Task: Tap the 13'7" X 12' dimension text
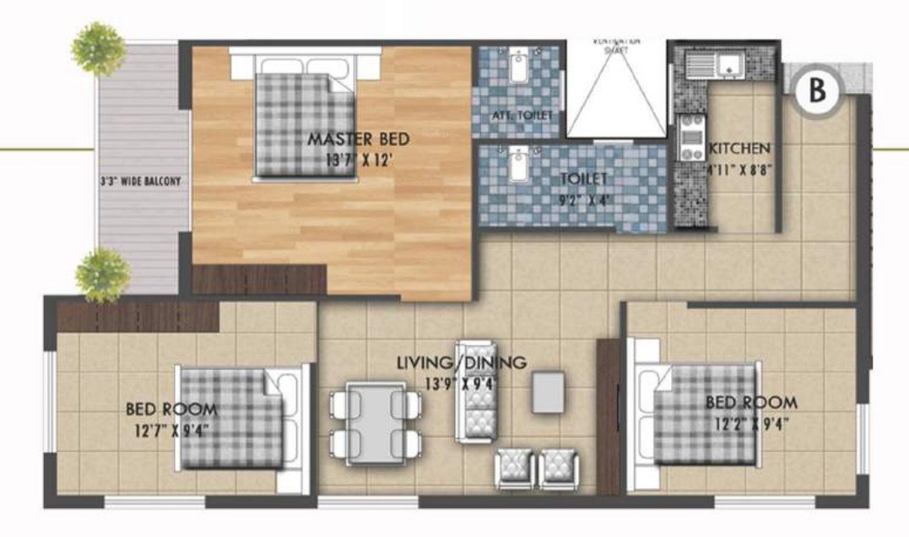[359, 159]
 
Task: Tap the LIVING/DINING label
[462, 363]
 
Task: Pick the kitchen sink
[713, 62]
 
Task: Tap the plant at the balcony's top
[99, 47]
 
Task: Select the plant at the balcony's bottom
[103, 274]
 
